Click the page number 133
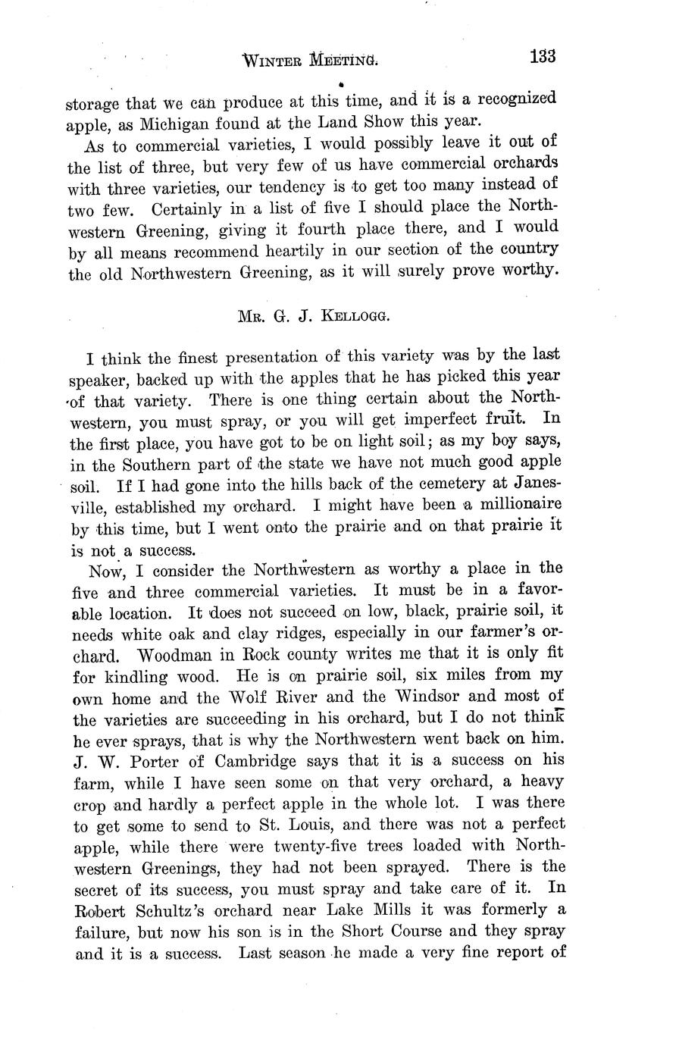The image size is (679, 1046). pos(543,57)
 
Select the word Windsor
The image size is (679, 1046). pos(424,696)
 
